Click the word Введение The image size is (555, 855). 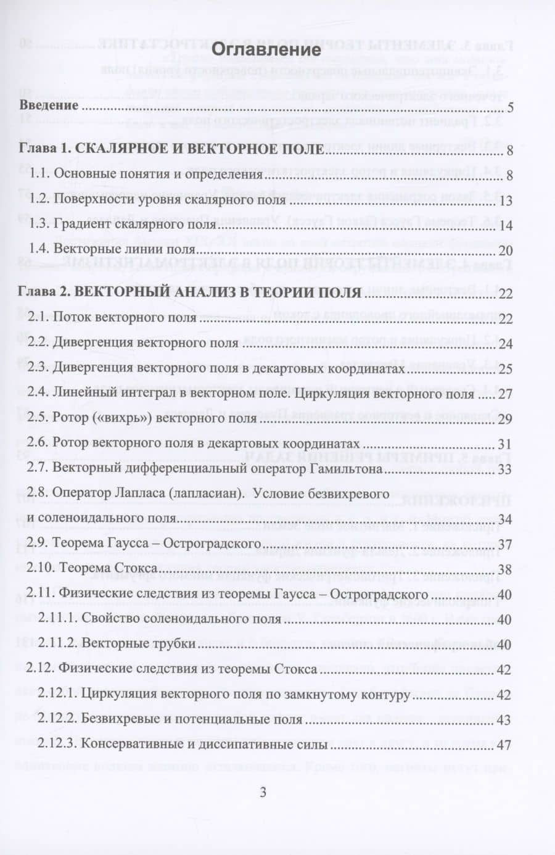[x=49, y=105]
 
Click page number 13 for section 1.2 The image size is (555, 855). [x=506, y=201]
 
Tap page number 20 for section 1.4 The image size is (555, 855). [x=505, y=250]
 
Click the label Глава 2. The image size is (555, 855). [x=43, y=292]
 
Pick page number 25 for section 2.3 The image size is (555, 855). [x=506, y=370]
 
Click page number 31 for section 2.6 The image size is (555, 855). [x=505, y=444]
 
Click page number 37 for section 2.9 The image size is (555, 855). [x=505, y=545]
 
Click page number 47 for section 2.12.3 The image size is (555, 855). [x=504, y=745]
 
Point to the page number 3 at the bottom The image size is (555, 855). [x=263, y=793]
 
